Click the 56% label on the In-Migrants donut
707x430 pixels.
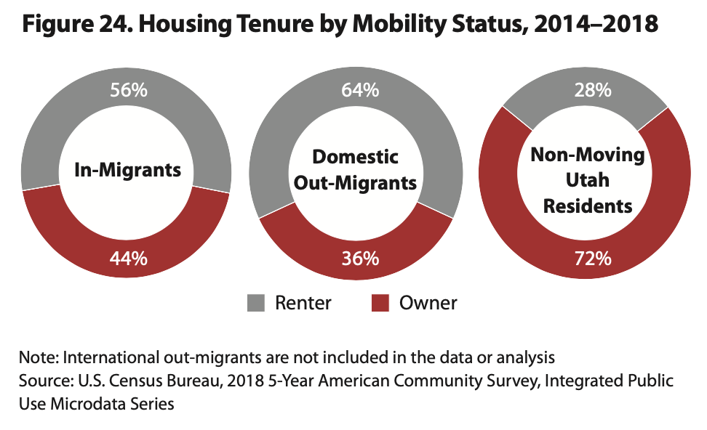128,91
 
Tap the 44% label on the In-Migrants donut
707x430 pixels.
128,258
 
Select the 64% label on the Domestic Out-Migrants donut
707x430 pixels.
359,91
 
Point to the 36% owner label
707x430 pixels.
359,258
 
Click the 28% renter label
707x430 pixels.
591,91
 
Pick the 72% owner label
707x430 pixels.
591,258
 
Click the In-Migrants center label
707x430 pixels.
128,171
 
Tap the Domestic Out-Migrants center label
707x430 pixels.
356,169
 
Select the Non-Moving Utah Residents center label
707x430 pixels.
588,180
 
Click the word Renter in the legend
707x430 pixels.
303,302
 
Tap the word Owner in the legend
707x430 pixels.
428,302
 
